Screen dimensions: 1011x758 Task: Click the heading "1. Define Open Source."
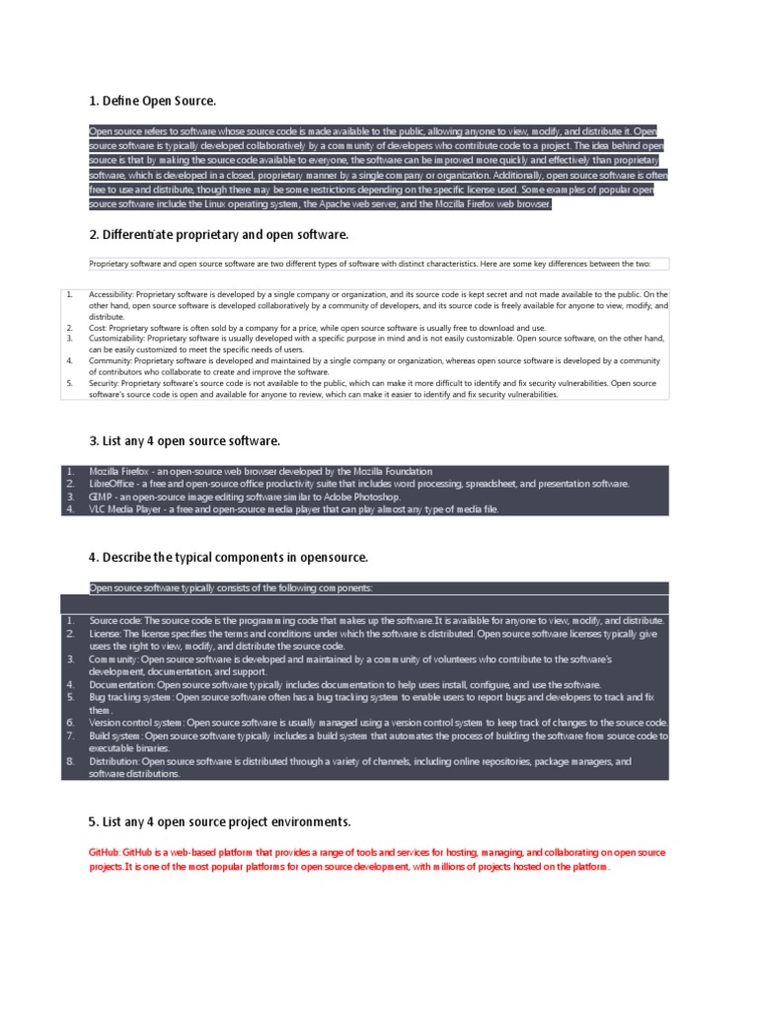[x=152, y=102]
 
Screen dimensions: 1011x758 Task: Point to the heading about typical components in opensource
[x=228, y=558]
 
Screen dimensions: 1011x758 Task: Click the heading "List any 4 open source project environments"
[x=219, y=821]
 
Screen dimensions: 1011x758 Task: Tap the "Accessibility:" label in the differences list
[x=112, y=294]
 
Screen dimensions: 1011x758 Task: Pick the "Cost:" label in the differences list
[x=100, y=327]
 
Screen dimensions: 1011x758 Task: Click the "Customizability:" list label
[x=116, y=338]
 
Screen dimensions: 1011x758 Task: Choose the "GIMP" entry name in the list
[x=101, y=497]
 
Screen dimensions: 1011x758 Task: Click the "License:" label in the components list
[x=105, y=634]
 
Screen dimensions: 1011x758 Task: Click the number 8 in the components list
[x=70, y=762]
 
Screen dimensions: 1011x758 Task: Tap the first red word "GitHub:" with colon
[x=105, y=851]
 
